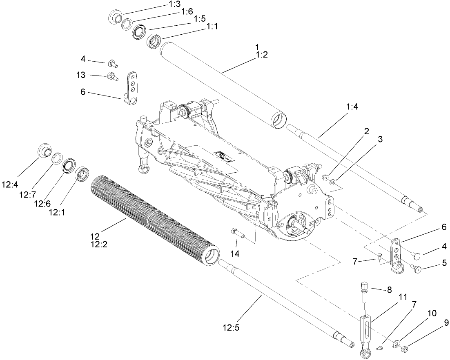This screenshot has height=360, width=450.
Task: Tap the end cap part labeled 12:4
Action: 44,151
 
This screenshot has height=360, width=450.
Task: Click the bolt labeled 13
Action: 111,76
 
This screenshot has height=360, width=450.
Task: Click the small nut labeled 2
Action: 325,178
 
